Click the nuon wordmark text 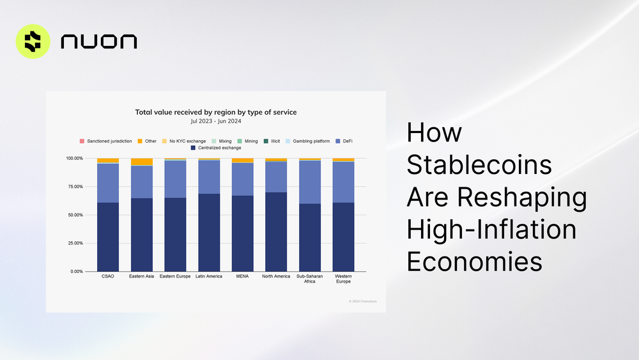(x=98, y=42)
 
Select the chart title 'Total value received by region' (x=215, y=112)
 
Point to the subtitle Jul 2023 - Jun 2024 (x=215, y=120)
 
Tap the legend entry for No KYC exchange (x=185, y=141)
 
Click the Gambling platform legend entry (x=308, y=141)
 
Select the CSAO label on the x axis (x=108, y=277)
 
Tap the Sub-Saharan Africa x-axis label (x=310, y=280)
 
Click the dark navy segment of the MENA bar (x=242, y=233)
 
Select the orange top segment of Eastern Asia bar (x=141, y=162)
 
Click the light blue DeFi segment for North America (x=276, y=176)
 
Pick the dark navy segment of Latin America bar (x=209, y=233)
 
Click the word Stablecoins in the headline (x=479, y=165)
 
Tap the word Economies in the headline (x=475, y=262)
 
